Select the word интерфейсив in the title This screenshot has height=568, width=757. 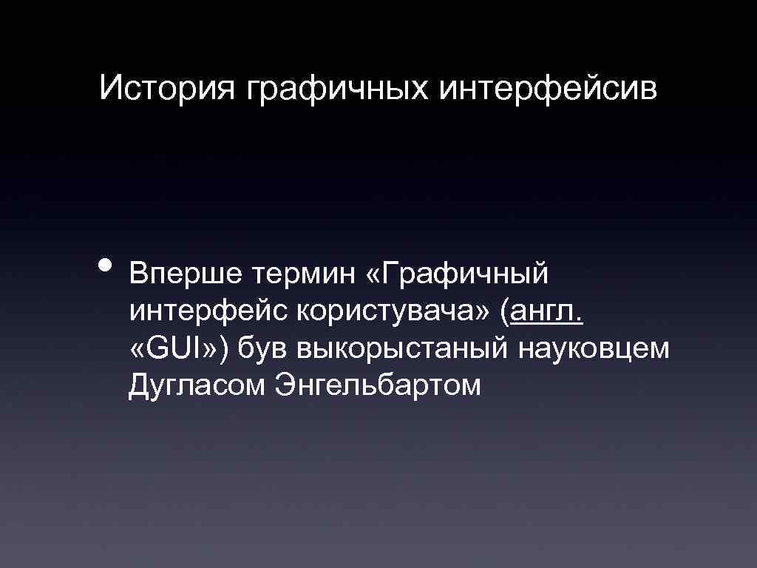click(548, 91)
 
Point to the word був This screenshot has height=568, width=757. click(263, 348)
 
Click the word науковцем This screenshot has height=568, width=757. click(595, 350)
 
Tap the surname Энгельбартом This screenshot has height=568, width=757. click(377, 385)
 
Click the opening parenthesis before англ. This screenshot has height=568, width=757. click(505, 314)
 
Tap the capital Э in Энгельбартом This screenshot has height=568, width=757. click(283, 384)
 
